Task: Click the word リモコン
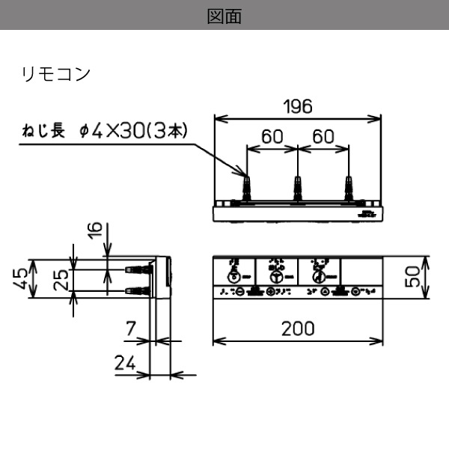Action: [56, 74]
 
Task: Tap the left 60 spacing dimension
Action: [272, 137]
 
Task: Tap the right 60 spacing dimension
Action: [323, 137]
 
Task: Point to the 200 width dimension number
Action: [297, 328]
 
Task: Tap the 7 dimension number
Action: [130, 327]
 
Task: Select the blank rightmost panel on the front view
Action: [361, 271]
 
